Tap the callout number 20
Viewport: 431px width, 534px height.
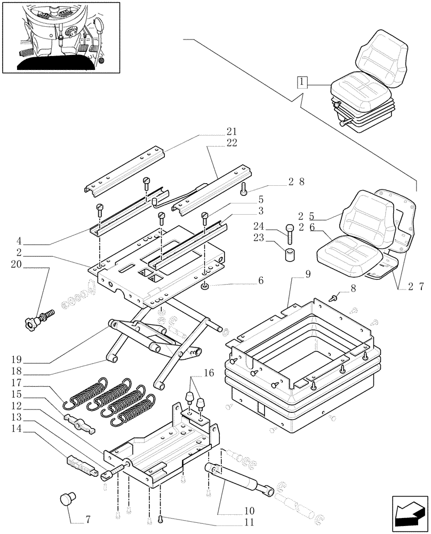click(15, 264)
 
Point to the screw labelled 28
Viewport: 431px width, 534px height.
click(244, 189)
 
